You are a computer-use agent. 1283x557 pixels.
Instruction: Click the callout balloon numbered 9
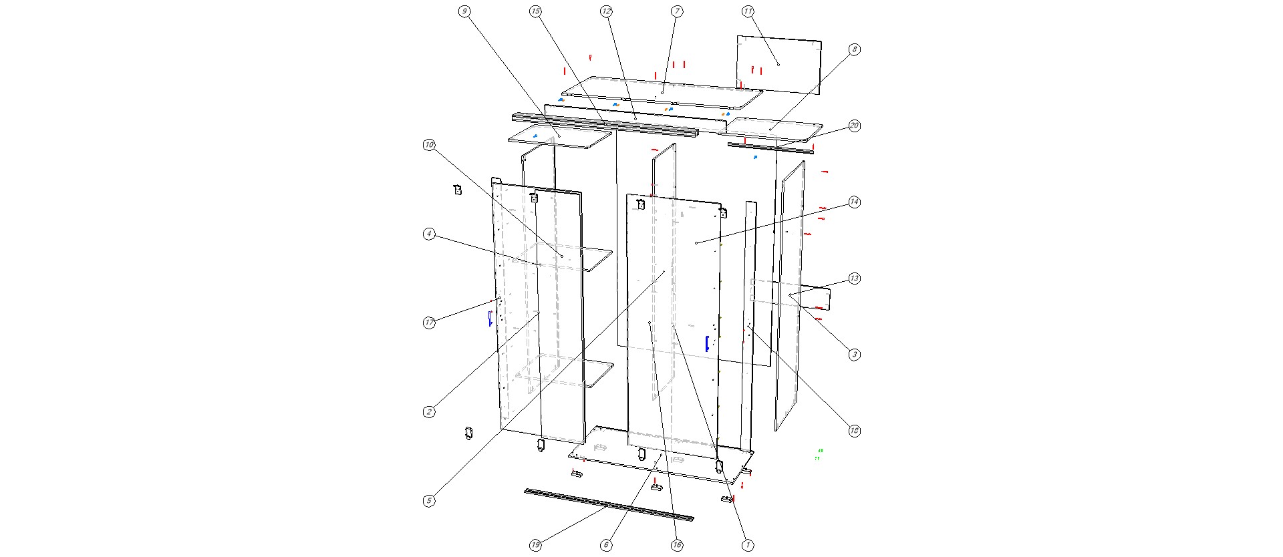pos(464,11)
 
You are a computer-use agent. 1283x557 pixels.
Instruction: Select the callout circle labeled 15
pos(535,11)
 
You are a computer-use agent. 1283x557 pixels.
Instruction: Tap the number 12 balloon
pos(606,11)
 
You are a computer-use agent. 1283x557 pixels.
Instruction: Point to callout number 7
pos(677,11)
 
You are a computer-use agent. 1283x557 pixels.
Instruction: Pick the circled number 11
pos(748,11)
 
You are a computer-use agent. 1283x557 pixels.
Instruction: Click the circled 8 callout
pos(854,49)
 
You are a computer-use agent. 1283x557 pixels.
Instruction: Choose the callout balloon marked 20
pos(854,126)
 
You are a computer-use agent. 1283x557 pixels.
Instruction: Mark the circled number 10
pos(429,145)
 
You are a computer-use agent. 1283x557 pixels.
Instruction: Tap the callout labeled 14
pos(854,202)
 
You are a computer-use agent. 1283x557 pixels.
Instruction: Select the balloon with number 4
pos(429,234)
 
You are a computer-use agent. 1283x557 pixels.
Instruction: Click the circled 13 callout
pos(854,278)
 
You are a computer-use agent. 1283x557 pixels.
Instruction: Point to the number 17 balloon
pos(429,323)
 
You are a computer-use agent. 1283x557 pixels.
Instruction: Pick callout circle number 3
pos(854,355)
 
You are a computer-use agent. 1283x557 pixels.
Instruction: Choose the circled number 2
pos(429,412)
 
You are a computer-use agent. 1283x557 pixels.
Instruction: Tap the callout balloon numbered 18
pos(854,431)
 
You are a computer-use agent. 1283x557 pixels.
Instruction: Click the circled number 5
pos(429,501)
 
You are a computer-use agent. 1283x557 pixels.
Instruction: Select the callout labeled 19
pos(535,546)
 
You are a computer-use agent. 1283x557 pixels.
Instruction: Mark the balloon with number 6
pos(606,546)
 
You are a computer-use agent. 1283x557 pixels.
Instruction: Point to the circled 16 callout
pos(677,546)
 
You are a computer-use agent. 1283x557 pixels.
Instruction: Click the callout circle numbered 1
pos(748,546)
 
